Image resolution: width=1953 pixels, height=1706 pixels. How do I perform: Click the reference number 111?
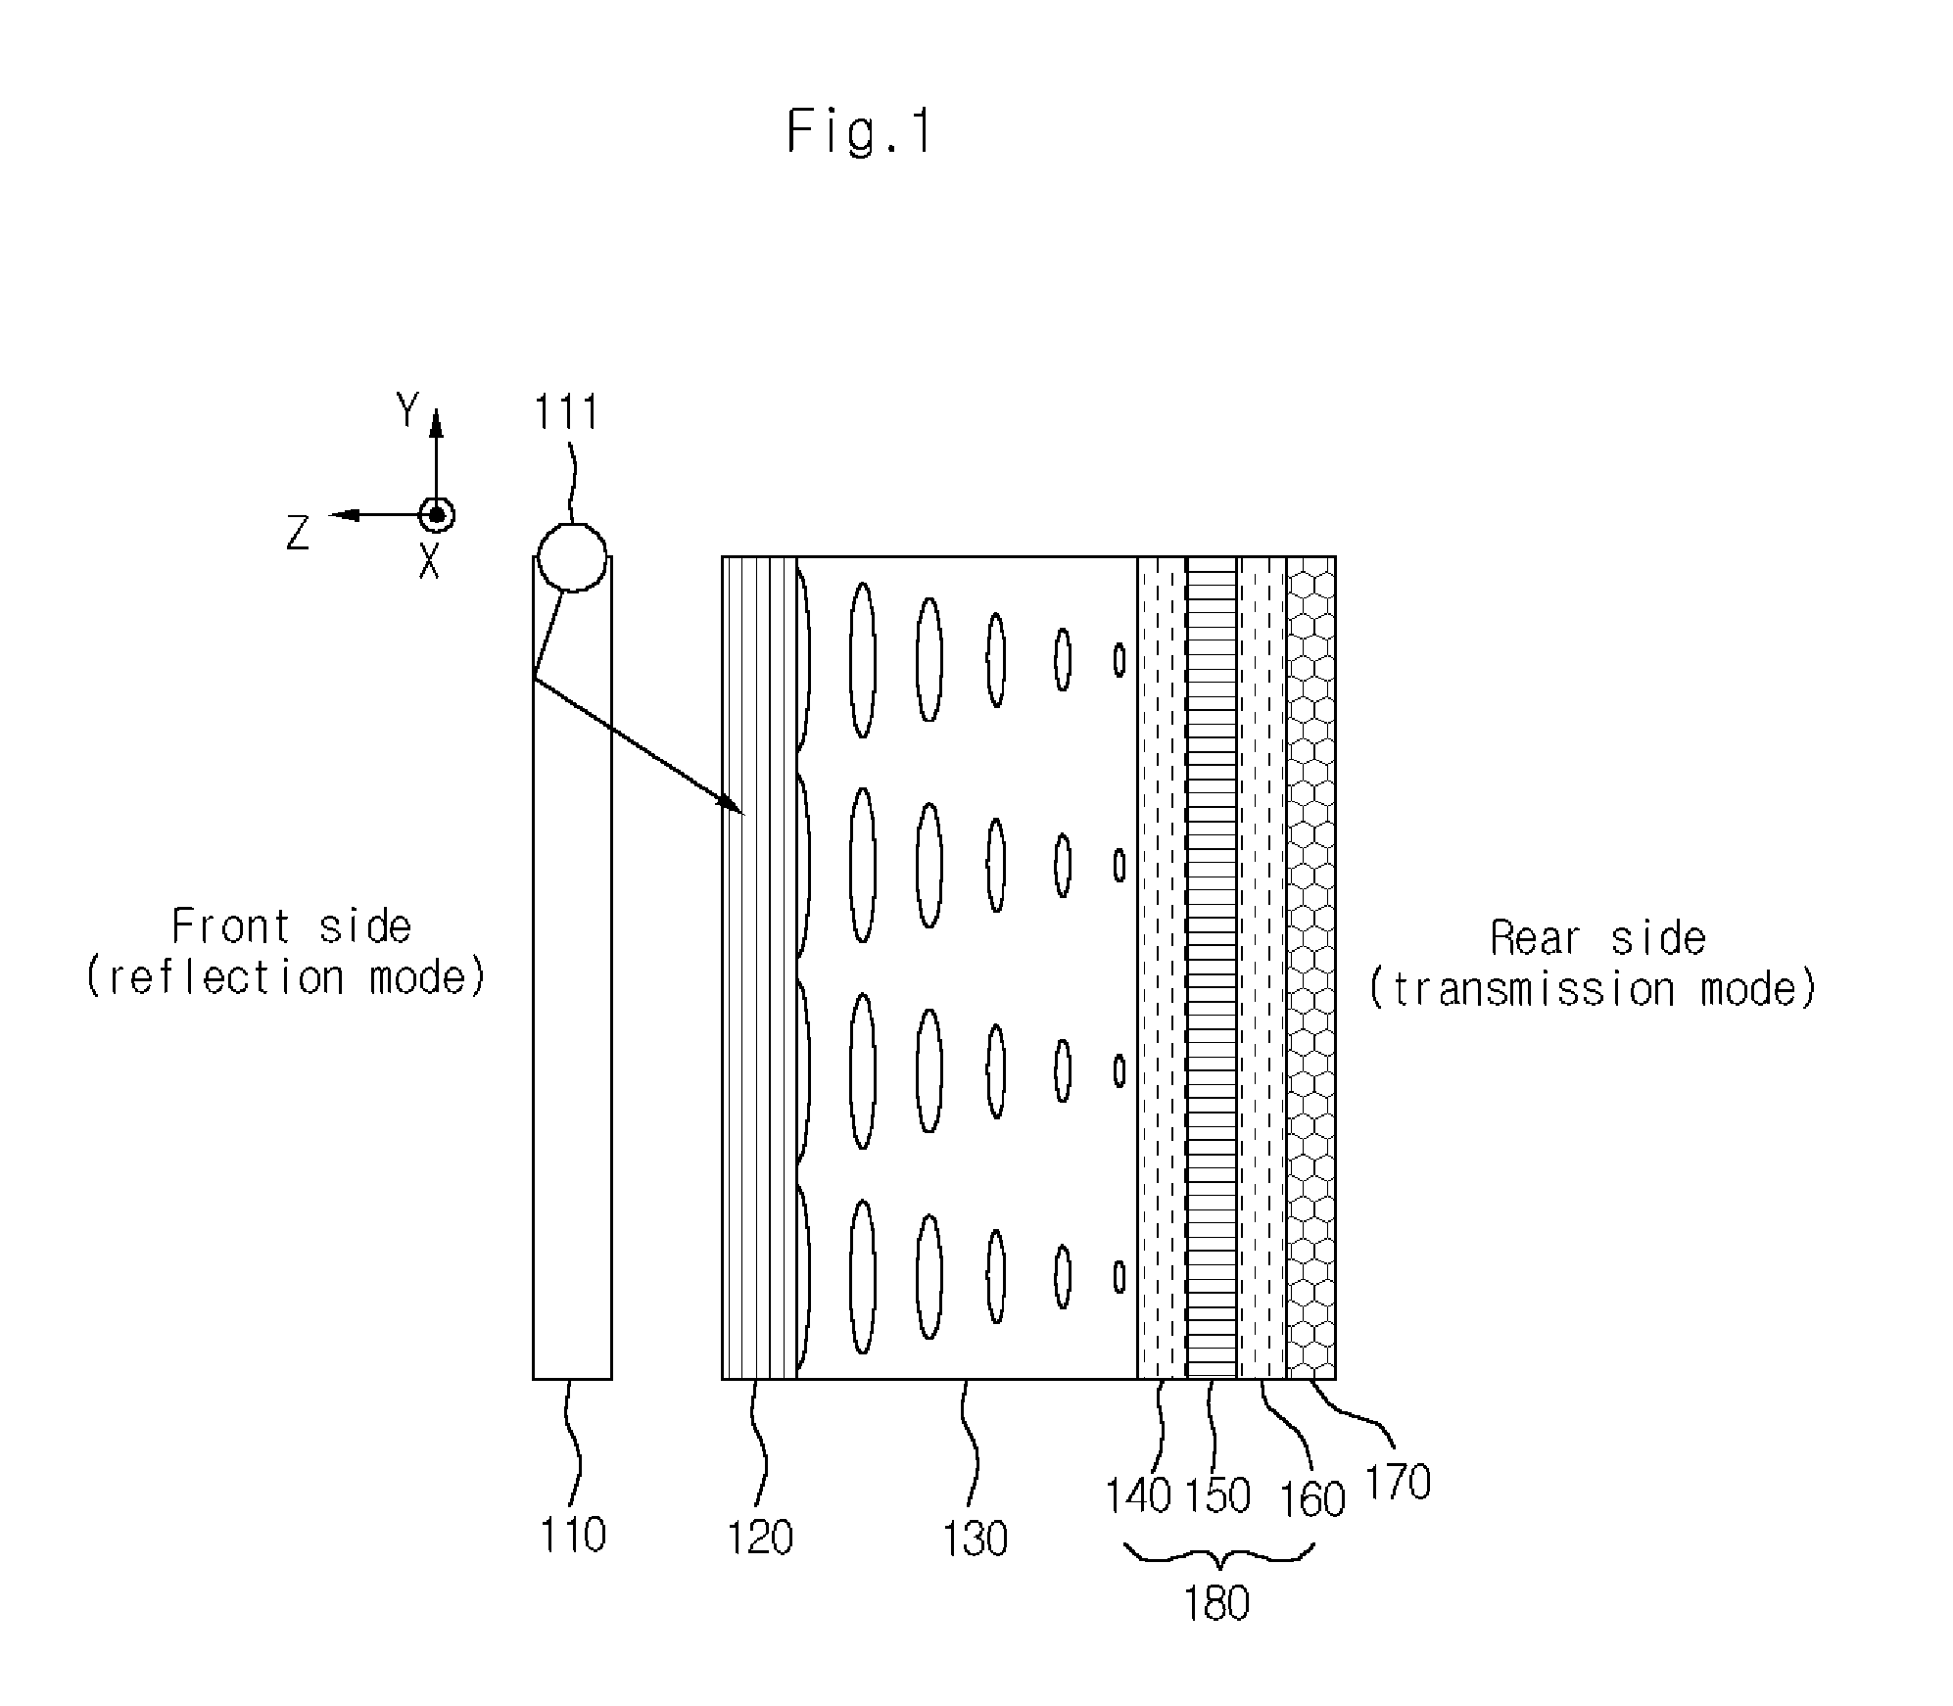pyautogui.click(x=565, y=412)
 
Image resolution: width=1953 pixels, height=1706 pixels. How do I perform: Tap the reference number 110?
pyautogui.click(x=573, y=1535)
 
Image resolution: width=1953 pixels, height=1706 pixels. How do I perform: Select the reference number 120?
pyautogui.click(x=759, y=1538)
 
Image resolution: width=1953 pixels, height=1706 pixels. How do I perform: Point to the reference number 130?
pyautogui.click(x=975, y=1540)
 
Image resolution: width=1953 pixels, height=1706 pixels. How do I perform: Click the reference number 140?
pyautogui.click(x=1138, y=1496)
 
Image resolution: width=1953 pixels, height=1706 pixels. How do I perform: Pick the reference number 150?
pyautogui.click(x=1217, y=1496)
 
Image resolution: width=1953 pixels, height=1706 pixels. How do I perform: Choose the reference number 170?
pyautogui.click(x=1398, y=1483)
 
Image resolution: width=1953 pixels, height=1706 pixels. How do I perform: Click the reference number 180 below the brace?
pyautogui.click(x=1216, y=1604)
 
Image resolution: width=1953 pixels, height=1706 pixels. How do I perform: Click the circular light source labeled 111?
pyautogui.click(x=573, y=557)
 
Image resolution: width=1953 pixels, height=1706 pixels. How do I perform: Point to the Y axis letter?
pyautogui.click(x=407, y=410)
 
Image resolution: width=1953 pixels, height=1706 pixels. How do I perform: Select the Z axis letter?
pyautogui.click(x=298, y=533)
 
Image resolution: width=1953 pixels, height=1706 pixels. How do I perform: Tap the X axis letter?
pyautogui.click(x=429, y=561)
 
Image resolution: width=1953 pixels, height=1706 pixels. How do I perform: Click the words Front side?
pyautogui.click(x=291, y=926)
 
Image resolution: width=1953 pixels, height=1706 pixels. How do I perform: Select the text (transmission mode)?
pyautogui.click(x=1592, y=989)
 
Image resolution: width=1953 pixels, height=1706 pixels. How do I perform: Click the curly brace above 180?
pyautogui.click(x=1217, y=1556)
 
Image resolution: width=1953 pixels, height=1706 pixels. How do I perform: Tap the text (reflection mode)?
pyautogui.click(x=286, y=977)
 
